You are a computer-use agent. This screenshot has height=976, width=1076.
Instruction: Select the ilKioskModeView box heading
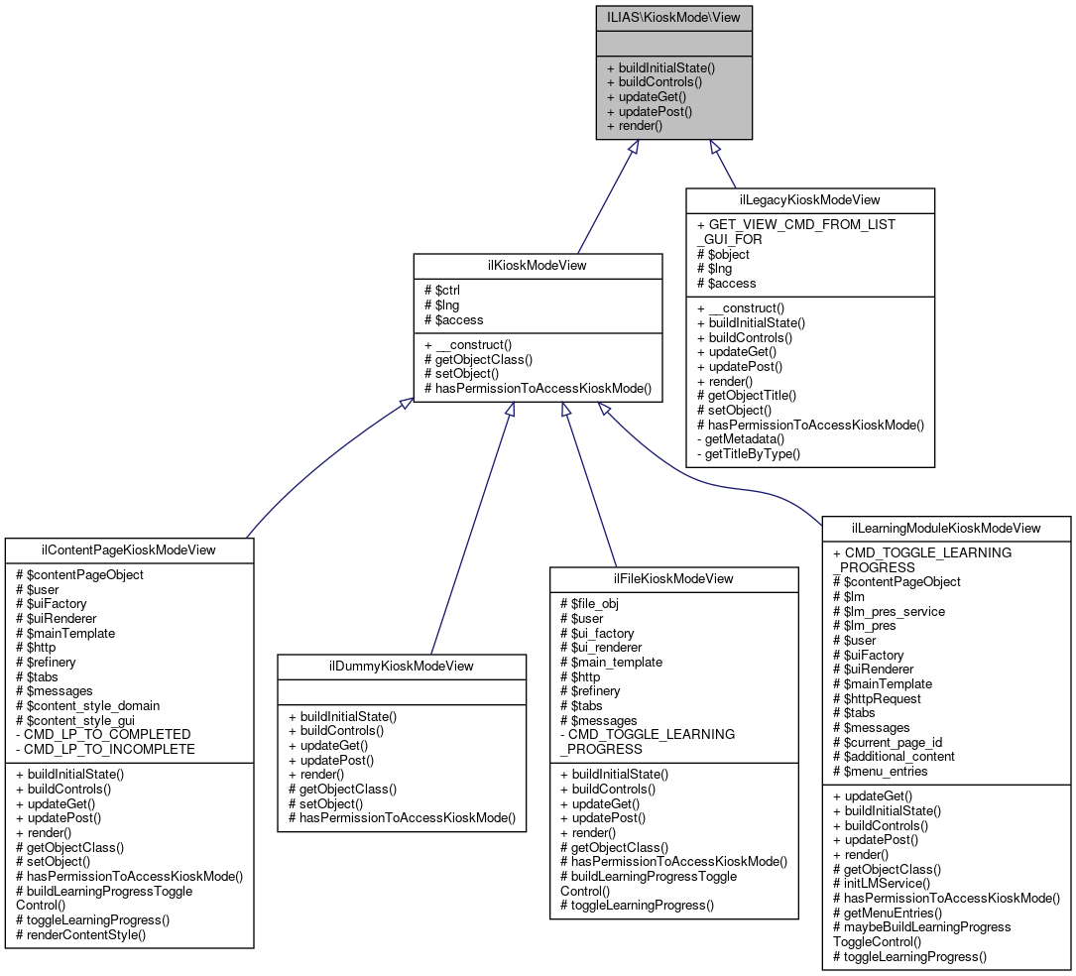pyautogui.click(x=538, y=265)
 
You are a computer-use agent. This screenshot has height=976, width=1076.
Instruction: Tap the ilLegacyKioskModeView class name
pyautogui.click(x=810, y=200)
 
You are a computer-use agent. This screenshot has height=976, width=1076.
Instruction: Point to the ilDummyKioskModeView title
pyautogui.click(x=402, y=666)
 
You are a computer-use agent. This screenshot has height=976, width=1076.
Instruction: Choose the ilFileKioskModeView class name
pyautogui.click(x=674, y=578)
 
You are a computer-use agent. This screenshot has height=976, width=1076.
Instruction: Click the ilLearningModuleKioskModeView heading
pyautogui.click(x=946, y=528)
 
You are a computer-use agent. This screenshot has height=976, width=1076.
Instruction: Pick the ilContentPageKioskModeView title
pyautogui.click(x=129, y=549)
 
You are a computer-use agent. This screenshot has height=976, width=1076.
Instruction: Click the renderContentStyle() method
pyautogui.click(x=85, y=934)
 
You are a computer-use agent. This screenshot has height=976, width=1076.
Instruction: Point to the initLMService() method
pyautogui.click(x=881, y=883)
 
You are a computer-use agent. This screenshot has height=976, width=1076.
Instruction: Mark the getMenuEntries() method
pyautogui.click(x=887, y=912)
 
